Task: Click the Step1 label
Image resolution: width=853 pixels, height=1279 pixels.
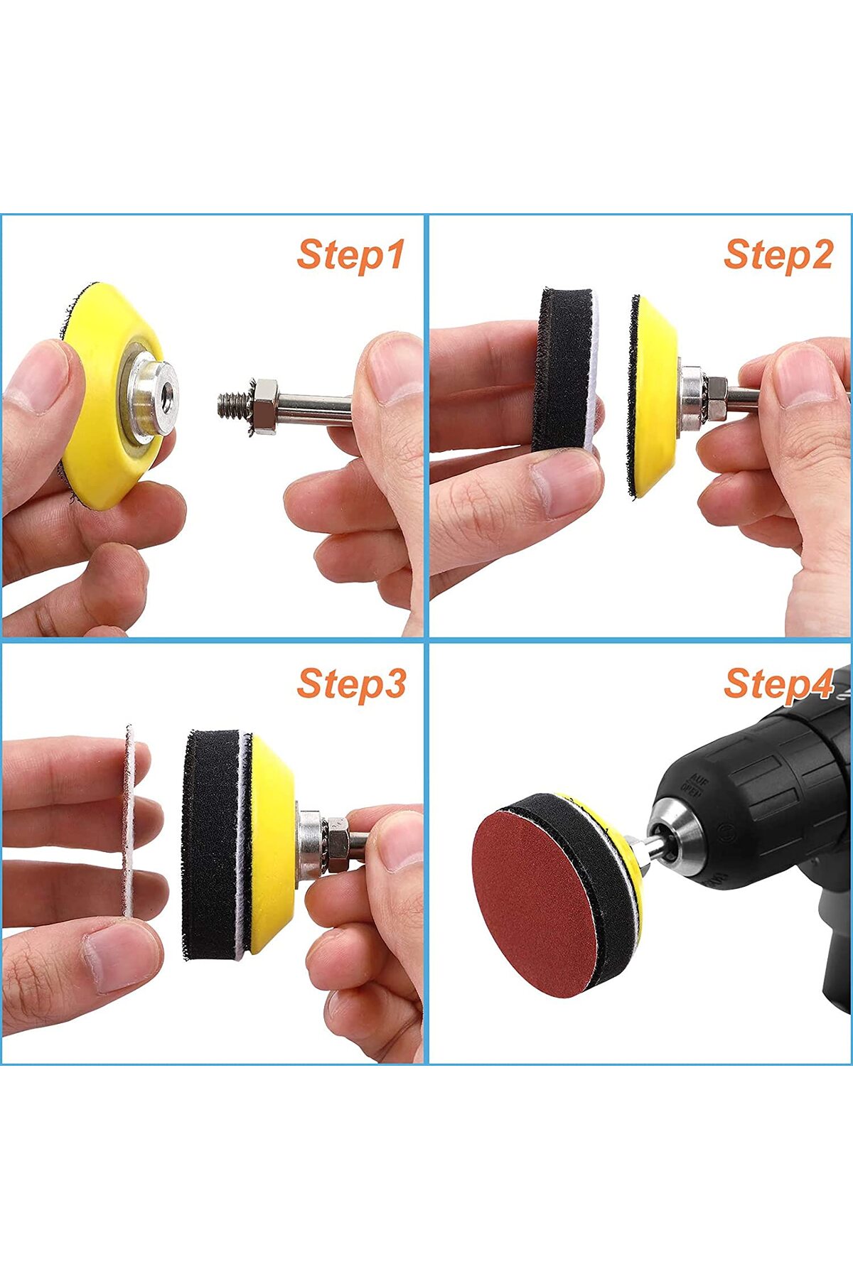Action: [350, 254]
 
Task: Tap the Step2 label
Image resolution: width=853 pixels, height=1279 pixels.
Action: [778, 254]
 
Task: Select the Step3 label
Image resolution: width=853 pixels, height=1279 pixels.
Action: [351, 684]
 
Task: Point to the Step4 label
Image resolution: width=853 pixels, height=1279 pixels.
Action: [778, 684]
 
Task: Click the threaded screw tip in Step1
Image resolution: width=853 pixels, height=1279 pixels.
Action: [232, 405]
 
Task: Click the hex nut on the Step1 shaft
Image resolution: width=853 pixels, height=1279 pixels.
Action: [264, 406]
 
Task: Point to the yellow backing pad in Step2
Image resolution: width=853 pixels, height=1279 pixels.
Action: [654, 396]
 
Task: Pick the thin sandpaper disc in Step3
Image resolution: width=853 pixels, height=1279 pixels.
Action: [129, 821]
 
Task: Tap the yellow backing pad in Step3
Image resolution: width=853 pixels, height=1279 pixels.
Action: [271, 844]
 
